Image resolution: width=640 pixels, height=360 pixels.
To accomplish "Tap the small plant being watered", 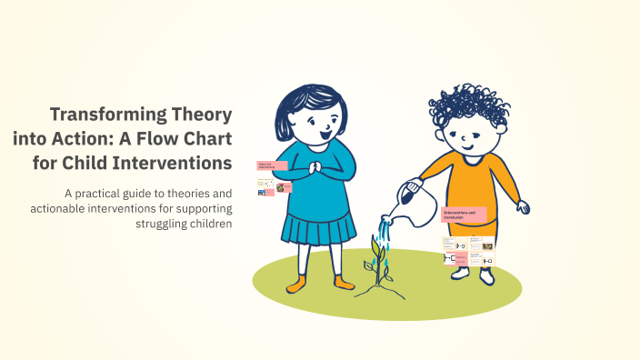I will [374, 264].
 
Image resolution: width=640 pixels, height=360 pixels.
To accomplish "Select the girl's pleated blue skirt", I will [317, 224].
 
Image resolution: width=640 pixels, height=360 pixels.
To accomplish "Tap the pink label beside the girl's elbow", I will [273, 165].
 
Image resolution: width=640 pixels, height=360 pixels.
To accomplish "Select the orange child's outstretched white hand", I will [523, 207].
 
